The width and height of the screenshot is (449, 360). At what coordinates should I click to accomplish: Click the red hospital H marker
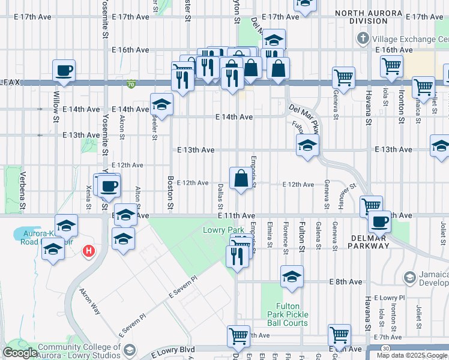tap(89, 250)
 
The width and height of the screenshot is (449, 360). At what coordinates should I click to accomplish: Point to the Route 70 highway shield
tap(131, 85)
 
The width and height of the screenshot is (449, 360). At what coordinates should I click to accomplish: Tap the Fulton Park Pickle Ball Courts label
tap(288, 314)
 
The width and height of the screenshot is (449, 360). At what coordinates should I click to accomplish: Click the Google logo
tap(19, 353)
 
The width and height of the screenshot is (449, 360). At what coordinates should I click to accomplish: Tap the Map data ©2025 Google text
tap(412, 355)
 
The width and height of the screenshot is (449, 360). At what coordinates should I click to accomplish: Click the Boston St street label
tap(170, 193)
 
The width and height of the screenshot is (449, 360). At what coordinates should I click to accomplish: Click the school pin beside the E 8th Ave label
tap(292, 277)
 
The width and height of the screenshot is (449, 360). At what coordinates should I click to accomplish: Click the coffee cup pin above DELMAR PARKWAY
tap(379, 222)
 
